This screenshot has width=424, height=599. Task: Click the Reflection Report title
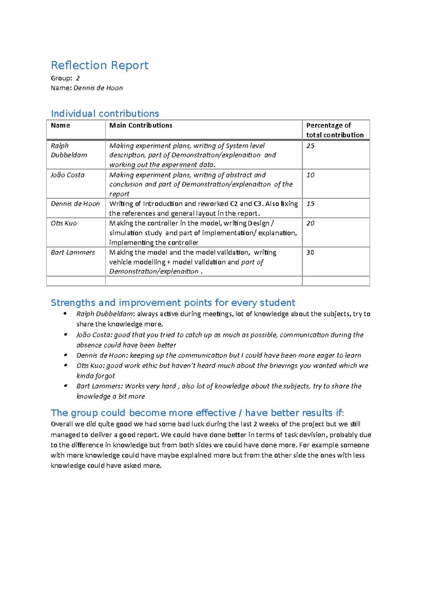(x=99, y=66)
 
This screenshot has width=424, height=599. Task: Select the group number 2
(x=78, y=78)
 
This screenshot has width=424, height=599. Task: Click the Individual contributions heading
(x=105, y=114)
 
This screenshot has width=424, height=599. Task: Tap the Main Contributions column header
(x=141, y=125)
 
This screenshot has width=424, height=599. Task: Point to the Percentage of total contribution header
(x=334, y=130)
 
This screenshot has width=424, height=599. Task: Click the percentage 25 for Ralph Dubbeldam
(x=310, y=146)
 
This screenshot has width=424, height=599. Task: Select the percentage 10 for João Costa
(x=310, y=175)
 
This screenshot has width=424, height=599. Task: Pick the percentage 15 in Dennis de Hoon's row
(x=310, y=204)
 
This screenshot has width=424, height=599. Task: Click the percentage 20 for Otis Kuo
(x=310, y=223)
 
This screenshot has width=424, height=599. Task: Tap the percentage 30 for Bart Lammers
(x=310, y=253)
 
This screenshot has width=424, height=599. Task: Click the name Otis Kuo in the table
(x=64, y=223)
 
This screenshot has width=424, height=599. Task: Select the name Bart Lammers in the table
(x=73, y=253)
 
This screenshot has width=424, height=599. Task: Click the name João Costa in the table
(x=67, y=175)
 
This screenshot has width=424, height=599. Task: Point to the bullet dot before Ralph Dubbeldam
(x=65, y=314)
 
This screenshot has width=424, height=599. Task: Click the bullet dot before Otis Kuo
(x=65, y=365)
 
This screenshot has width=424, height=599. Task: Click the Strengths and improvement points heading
(x=173, y=303)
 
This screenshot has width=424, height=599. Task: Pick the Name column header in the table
(x=60, y=125)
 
